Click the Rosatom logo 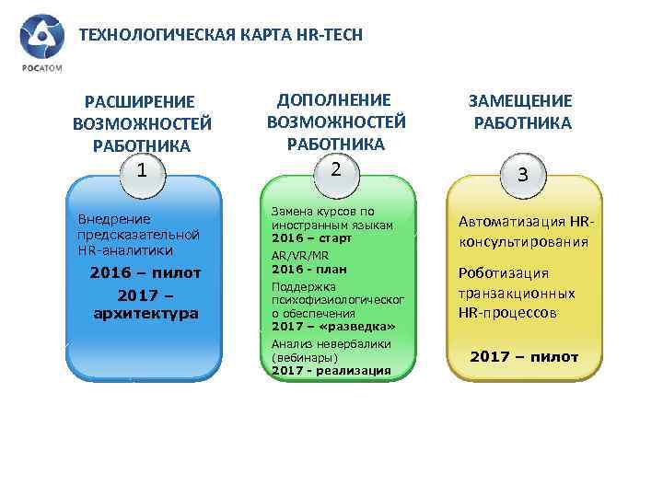coord(39,42)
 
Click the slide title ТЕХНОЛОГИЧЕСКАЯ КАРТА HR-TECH coord(221,35)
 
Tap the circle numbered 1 coord(141,171)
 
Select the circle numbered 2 coord(336,169)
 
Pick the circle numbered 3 coord(522,175)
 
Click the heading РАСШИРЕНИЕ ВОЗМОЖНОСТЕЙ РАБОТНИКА coord(141,123)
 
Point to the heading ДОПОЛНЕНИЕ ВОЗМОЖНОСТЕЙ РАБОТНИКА coord(336,121)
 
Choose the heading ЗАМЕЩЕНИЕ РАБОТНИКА coord(521,112)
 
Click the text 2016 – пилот coord(145,273)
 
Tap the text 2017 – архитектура coord(145,305)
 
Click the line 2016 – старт coord(312,237)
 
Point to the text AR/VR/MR coord(300,255)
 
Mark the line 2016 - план coord(308,268)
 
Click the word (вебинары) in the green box coord(305,357)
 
